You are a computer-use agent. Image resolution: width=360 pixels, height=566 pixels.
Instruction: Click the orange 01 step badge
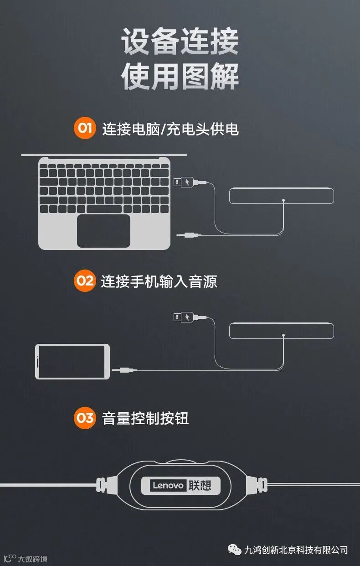(85, 128)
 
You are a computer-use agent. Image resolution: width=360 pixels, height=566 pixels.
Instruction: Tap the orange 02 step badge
(85, 280)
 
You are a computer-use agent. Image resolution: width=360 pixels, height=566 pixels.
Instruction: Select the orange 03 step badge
(85, 418)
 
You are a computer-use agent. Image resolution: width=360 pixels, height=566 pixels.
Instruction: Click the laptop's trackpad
(103, 231)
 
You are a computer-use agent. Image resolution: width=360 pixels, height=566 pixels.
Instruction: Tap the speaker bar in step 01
(281, 196)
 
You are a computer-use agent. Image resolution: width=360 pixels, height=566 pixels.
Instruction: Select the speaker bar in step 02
(281, 331)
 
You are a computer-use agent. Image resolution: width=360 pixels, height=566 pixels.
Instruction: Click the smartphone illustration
(72, 362)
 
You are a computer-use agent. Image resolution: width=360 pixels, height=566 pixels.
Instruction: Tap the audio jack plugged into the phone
(124, 370)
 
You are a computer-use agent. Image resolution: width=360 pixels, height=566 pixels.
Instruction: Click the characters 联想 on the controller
(200, 485)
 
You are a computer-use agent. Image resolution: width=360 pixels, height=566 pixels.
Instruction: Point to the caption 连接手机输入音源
(159, 281)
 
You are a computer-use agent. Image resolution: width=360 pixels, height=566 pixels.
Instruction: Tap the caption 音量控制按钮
(145, 418)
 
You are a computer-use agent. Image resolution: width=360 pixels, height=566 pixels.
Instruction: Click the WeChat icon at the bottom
(235, 550)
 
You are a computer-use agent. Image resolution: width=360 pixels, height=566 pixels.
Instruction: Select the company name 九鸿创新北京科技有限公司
(296, 550)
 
